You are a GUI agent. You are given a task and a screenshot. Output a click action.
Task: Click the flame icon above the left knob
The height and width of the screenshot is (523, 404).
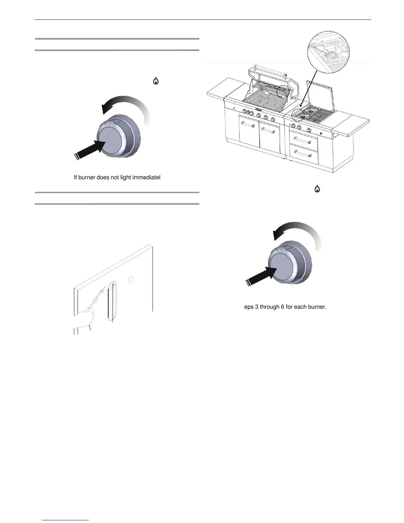(x=155, y=81)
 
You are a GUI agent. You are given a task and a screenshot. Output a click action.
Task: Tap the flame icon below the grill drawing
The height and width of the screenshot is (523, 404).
(x=317, y=189)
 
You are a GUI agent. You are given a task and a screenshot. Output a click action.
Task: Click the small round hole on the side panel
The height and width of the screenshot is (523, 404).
(x=130, y=279)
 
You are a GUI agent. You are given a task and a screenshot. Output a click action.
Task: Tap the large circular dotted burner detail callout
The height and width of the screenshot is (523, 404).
(x=328, y=53)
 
